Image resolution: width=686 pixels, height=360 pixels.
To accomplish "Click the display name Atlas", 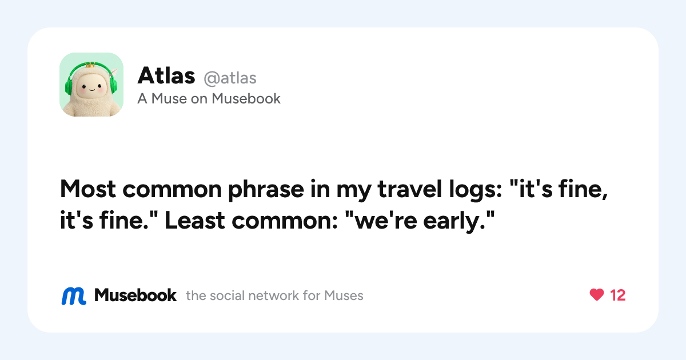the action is (166, 75).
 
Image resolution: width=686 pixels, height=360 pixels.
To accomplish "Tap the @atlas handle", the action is (230, 78).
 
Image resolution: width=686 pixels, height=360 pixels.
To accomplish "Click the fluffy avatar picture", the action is (91, 85).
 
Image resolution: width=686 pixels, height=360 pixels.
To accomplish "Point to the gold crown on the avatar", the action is (90, 65).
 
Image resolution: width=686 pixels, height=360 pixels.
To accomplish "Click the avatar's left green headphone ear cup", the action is (69, 87).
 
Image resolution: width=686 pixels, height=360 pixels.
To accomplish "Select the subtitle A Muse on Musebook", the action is (209, 99).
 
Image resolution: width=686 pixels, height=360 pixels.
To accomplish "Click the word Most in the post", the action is (88, 189).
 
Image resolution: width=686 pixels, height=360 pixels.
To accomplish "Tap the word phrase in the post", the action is (266, 190).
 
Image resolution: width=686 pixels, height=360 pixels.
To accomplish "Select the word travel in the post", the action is (409, 189).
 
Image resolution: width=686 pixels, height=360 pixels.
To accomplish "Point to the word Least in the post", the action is (195, 221).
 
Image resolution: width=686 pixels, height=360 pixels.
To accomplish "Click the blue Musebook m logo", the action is (74, 296).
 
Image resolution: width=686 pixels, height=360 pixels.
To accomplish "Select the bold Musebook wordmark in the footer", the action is (135, 295).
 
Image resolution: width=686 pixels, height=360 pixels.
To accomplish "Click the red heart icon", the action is (597, 295).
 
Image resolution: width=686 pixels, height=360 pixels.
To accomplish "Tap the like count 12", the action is (618, 295).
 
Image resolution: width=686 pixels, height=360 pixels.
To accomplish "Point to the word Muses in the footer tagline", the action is (344, 296).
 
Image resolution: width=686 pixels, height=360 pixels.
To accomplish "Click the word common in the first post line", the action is (172, 189).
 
